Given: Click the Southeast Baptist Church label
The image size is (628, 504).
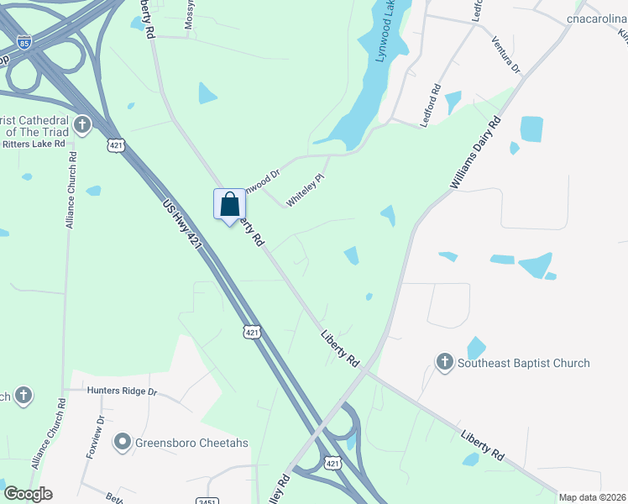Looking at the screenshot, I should pos(523,363).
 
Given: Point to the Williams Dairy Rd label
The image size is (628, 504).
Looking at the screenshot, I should pos(475,153).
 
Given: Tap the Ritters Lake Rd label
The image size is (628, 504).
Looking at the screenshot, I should pos(34,144).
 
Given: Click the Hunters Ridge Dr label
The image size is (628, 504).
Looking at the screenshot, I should pos(122,391).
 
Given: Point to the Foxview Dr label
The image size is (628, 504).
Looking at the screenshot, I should pos(94,436).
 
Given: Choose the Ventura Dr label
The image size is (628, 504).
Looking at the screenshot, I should pos(505,54).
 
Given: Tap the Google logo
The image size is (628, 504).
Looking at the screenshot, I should pos(28,494).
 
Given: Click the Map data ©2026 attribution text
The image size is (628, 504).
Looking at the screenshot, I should pos(592,497).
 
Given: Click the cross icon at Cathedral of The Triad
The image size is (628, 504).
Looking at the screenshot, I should pos(82,126).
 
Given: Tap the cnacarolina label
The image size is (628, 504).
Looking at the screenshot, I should pos(597,18).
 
